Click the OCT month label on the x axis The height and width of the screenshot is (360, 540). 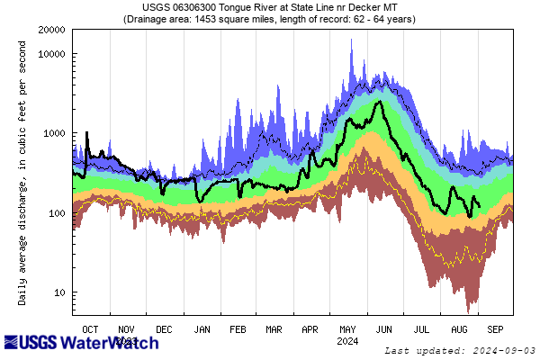pos(91,329)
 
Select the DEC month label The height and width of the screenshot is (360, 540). pos(165,329)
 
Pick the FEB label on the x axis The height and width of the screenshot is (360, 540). pos(238,329)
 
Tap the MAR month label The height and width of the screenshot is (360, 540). pos(274,329)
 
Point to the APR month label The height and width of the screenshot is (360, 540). pos(310,329)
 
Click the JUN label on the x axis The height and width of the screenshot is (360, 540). pos(383,329)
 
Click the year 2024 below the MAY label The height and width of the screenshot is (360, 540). pos(347,341)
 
